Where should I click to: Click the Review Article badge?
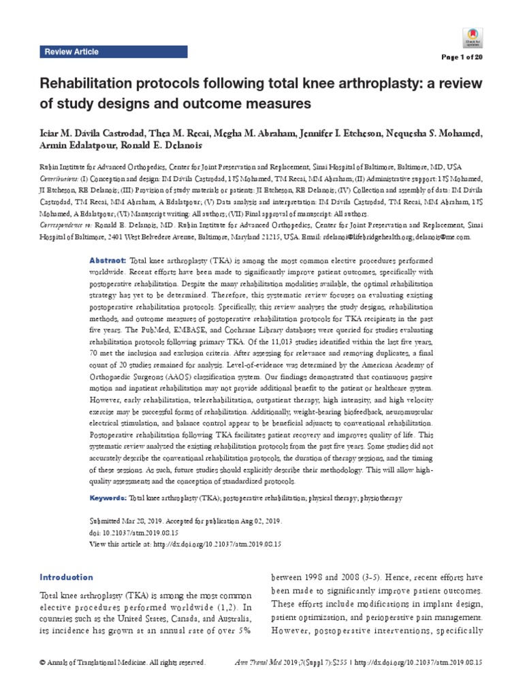(72, 52)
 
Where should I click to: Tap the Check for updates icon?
(472, 35)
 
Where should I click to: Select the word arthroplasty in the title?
(385, 84)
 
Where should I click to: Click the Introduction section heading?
(66, 577)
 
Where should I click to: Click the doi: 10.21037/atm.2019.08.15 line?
(136, 534)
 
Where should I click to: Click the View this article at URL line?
(186, 545)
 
